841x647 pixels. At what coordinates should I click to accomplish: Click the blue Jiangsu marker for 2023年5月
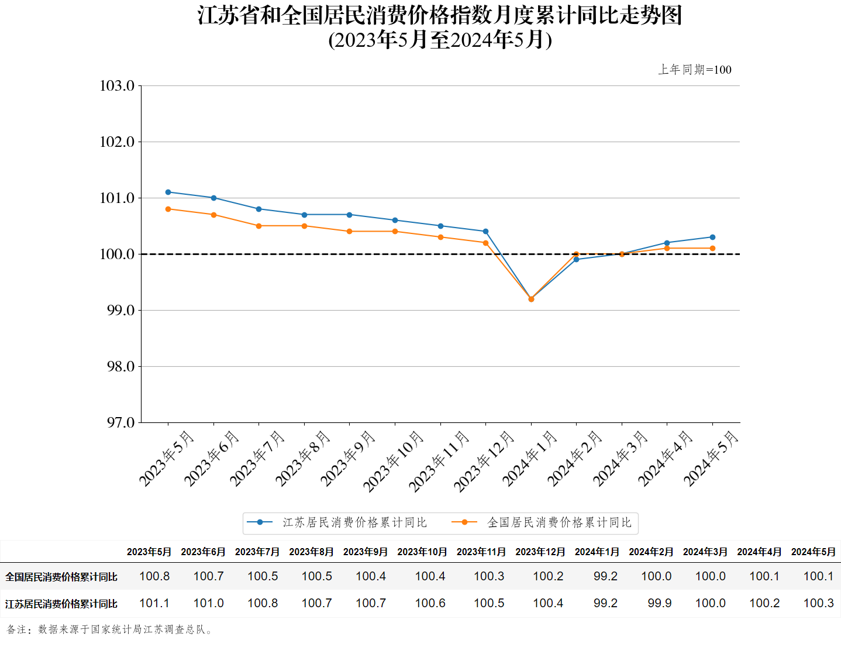coord(168,192)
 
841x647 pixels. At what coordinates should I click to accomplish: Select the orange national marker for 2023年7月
coord(259,226)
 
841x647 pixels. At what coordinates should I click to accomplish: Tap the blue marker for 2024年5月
coord(712,237)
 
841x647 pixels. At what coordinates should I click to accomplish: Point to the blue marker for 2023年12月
coord(486,232)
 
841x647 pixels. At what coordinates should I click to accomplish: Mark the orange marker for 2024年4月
coord(667,248)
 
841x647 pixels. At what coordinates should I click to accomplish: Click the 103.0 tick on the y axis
coord(118,86)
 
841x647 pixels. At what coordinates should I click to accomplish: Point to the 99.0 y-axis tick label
coord(120,310)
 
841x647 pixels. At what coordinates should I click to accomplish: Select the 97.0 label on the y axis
coord(120,422)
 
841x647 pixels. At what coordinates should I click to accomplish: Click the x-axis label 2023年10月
coord(394,461)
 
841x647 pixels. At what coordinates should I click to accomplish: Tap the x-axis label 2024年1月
coord(530,458)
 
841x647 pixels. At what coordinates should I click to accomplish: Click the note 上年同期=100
coord(694,70)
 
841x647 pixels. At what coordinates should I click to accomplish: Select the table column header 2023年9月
coord(366,552)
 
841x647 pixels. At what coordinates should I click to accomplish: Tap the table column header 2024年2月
coord(651,552)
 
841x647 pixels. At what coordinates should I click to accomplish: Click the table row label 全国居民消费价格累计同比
coord(61,577)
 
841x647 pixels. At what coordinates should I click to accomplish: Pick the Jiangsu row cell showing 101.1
coord(154,603)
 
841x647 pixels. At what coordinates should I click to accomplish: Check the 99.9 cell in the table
coord(659,603)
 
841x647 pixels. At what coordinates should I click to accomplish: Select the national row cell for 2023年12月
coord(548,576)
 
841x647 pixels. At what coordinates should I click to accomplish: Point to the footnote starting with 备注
coord(110,629)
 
